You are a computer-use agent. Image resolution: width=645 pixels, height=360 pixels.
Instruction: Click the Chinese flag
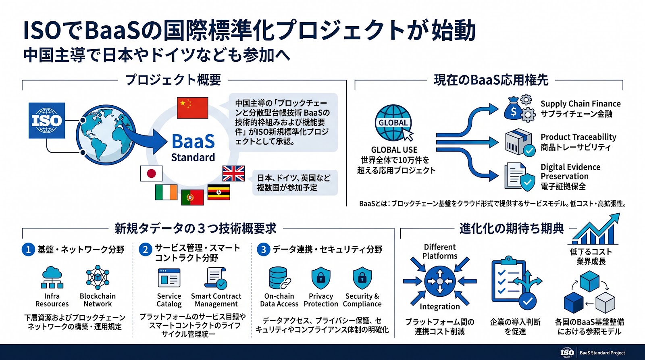click(x=192, y=108)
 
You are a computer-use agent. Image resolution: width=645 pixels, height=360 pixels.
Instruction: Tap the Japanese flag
click(x=151, y=173)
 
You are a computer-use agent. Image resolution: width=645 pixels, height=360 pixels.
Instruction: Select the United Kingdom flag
click(x=233, y=173)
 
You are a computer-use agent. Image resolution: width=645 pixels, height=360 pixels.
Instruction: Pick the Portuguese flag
click(x=192, y=198)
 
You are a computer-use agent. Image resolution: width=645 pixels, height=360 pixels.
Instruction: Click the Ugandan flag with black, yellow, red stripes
click(x=219, y=192)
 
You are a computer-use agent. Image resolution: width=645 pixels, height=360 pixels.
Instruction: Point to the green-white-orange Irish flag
click(x=166, y=192)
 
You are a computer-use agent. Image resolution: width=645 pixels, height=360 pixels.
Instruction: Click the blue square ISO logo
click(x=47, y=121)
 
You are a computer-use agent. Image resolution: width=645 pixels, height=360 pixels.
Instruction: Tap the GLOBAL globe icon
click(x=393, y=123)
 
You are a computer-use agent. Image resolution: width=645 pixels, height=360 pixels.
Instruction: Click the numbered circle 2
click(x=146, y=250)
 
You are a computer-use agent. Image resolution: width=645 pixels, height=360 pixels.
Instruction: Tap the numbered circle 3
click(x=263, y=250)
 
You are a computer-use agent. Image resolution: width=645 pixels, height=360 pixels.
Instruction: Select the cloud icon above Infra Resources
click(x=52, y=277)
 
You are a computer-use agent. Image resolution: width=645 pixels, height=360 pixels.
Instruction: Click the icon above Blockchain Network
click(x=98, y=277)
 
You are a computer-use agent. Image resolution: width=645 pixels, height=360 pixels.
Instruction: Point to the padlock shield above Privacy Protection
click(x=321, y=278)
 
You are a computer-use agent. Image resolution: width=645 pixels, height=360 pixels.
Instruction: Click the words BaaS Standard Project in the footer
click(x=602, y=353)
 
